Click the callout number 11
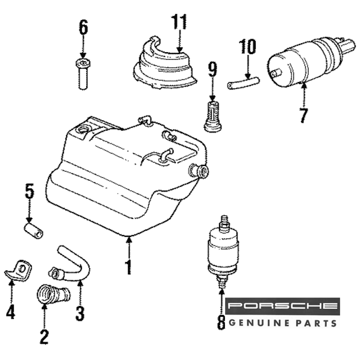click(x=179, y=23)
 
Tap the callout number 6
click(x=83, y=27)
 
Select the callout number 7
click(x=304, y=115)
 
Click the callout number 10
click(x=247, y=47)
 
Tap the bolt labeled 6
click(x=83, y=74)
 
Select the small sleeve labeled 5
click(x=33, y=231)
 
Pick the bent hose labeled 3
click(x=74, y=265)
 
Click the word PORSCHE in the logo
click(x=283, y=306)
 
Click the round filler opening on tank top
click(x=83, y=129)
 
